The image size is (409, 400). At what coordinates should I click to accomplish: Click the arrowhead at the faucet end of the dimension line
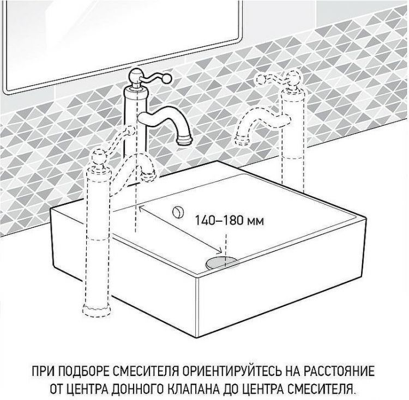point(141,208)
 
